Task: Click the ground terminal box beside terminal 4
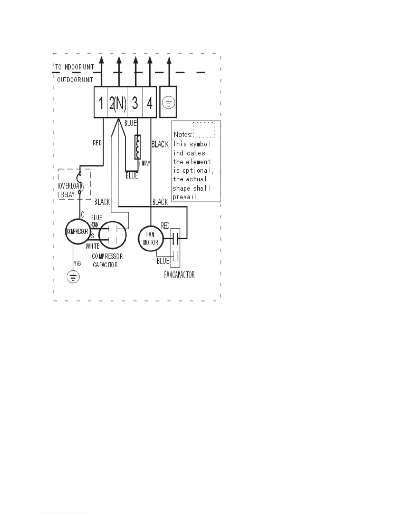[169, 102]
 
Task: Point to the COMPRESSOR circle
[77, 232]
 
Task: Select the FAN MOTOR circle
[150, 238]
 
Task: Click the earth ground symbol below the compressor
[73, 277]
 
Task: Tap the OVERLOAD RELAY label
[70, 190]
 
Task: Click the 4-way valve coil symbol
[138, 147]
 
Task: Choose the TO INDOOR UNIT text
[74, 67]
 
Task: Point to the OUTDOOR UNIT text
[75, 80]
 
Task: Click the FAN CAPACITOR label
[179, 275]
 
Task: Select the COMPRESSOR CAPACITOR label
[107, 261]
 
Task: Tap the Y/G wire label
[77, 264]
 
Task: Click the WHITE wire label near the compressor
[93, 246]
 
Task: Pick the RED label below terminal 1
[97, 143]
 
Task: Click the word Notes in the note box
[183, 135]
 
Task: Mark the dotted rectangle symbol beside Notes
[204, 130]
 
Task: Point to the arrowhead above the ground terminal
[169, 61]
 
